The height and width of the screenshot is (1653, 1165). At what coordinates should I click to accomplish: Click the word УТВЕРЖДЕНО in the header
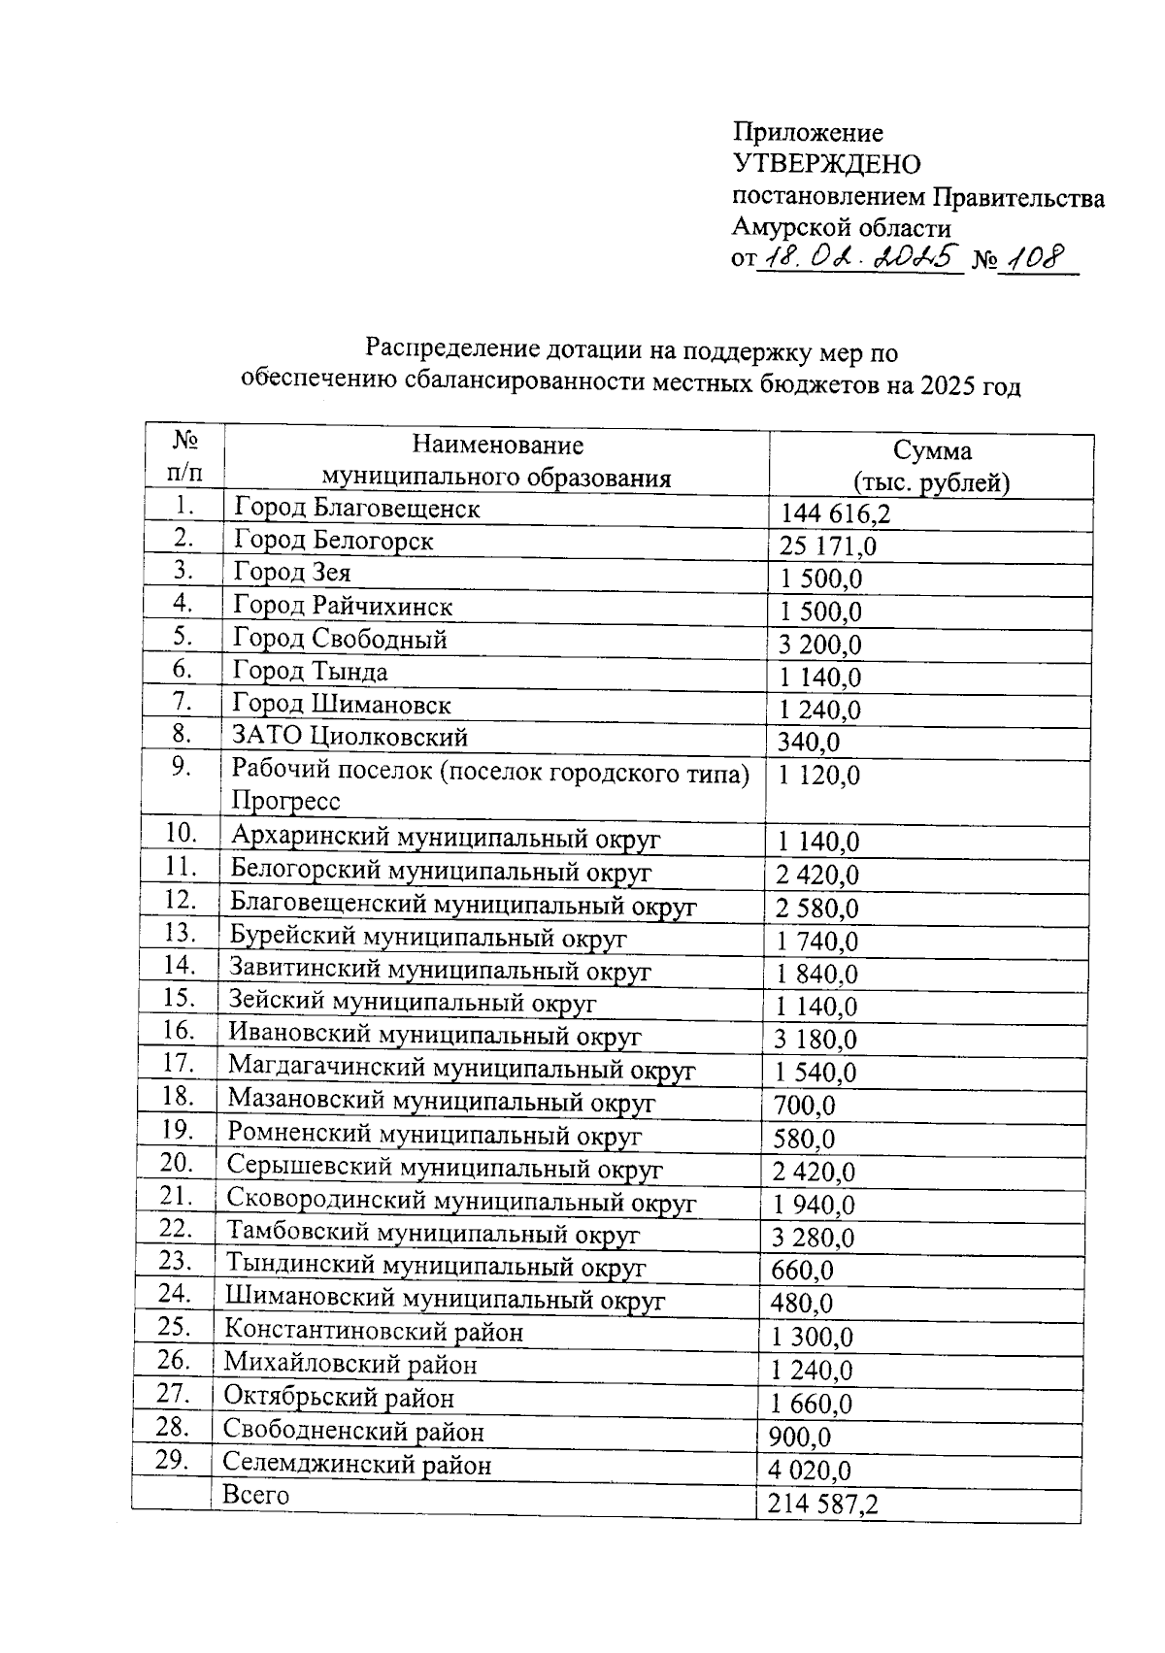pos(826,164)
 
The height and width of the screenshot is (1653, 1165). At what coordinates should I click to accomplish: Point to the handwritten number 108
pos(1036,258)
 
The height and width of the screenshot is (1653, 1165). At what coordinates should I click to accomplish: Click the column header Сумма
pos(932,451)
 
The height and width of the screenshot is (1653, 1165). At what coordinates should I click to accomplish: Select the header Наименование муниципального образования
pos(497,461)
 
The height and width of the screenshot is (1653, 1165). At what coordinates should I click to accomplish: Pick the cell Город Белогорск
pos(333,541)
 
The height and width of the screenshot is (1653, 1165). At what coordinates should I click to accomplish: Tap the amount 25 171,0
pos(827,546)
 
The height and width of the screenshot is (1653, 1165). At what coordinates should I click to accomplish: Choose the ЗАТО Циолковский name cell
pos(349,737)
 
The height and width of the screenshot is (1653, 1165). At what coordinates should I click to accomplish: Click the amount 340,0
pos(809,743)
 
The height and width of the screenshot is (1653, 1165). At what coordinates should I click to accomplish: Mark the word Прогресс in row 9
pos(285,801)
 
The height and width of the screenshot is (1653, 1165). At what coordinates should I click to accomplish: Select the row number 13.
pos(181,933)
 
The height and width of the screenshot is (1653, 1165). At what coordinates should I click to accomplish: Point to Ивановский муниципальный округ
pos(434,1036)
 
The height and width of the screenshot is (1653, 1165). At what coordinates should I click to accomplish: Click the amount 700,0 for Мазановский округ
pos(804,1106)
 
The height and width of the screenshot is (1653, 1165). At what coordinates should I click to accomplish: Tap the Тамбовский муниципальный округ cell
pos(433,1234)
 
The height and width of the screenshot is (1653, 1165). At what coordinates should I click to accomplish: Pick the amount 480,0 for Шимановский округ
pos(802,1303)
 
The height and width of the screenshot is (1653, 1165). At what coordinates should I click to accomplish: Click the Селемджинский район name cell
pos(357,1464)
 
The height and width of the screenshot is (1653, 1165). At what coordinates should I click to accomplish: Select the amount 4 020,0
pos(810,1471)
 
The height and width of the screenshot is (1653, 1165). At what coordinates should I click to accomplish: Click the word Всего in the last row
pos(255,1495)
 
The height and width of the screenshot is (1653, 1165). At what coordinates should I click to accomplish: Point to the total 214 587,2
pos(822,1504)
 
